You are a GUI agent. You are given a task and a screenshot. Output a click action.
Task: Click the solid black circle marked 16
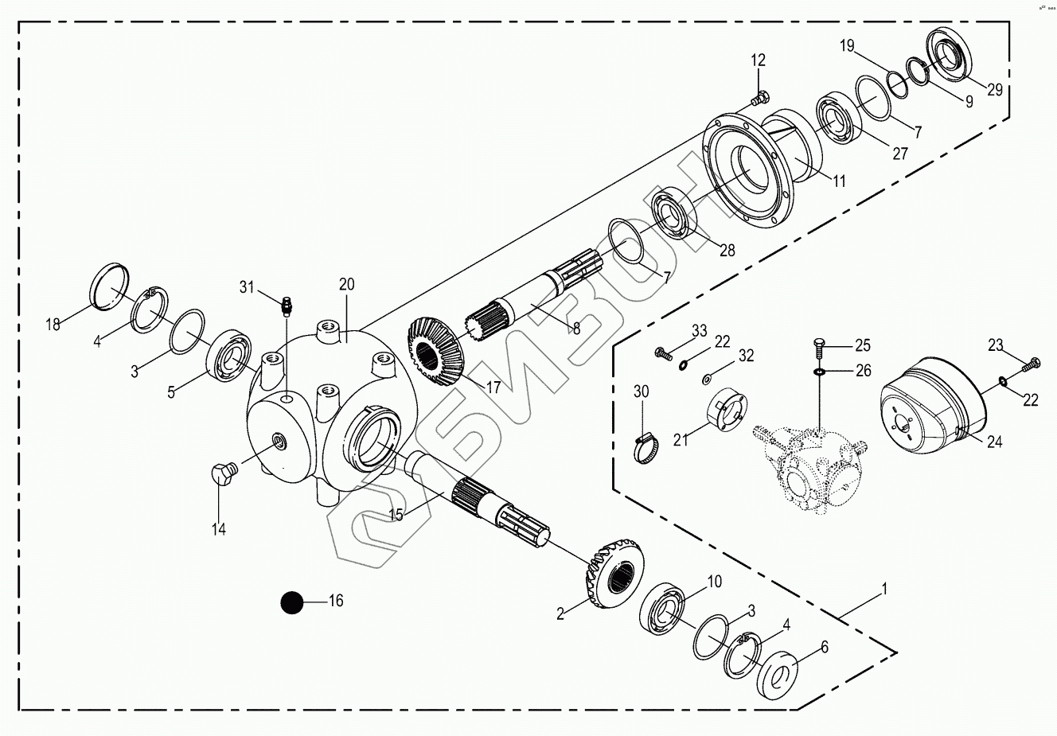click(292, 602)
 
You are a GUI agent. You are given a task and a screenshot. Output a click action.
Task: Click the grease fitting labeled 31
click(287, 303)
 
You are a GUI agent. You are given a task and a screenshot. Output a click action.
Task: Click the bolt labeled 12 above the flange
click(758, 99)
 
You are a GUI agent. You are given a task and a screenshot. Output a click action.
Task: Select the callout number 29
click(995, 90)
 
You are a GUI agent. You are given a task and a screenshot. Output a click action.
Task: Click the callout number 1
click(883, 590)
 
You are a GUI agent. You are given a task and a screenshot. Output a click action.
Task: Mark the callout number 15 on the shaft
click(395, 514)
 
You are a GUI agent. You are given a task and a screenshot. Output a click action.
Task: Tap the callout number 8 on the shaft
click(575, 327)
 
